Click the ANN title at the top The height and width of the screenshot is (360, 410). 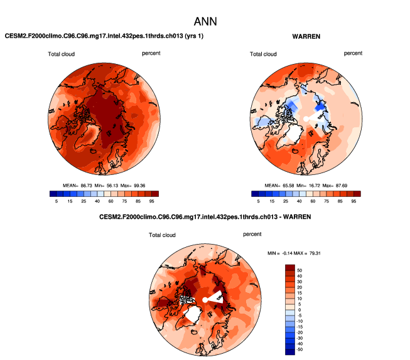pos(205,21)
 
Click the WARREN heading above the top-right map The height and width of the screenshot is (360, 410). pos(306,36)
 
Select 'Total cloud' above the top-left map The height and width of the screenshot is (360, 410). pos(61,54)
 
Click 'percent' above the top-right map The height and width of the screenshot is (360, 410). pos(353,53)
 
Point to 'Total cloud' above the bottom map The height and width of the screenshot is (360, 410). pos(162,235)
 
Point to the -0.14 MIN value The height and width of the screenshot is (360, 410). pos(288,253)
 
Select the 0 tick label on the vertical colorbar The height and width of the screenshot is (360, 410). pos(299,309)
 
